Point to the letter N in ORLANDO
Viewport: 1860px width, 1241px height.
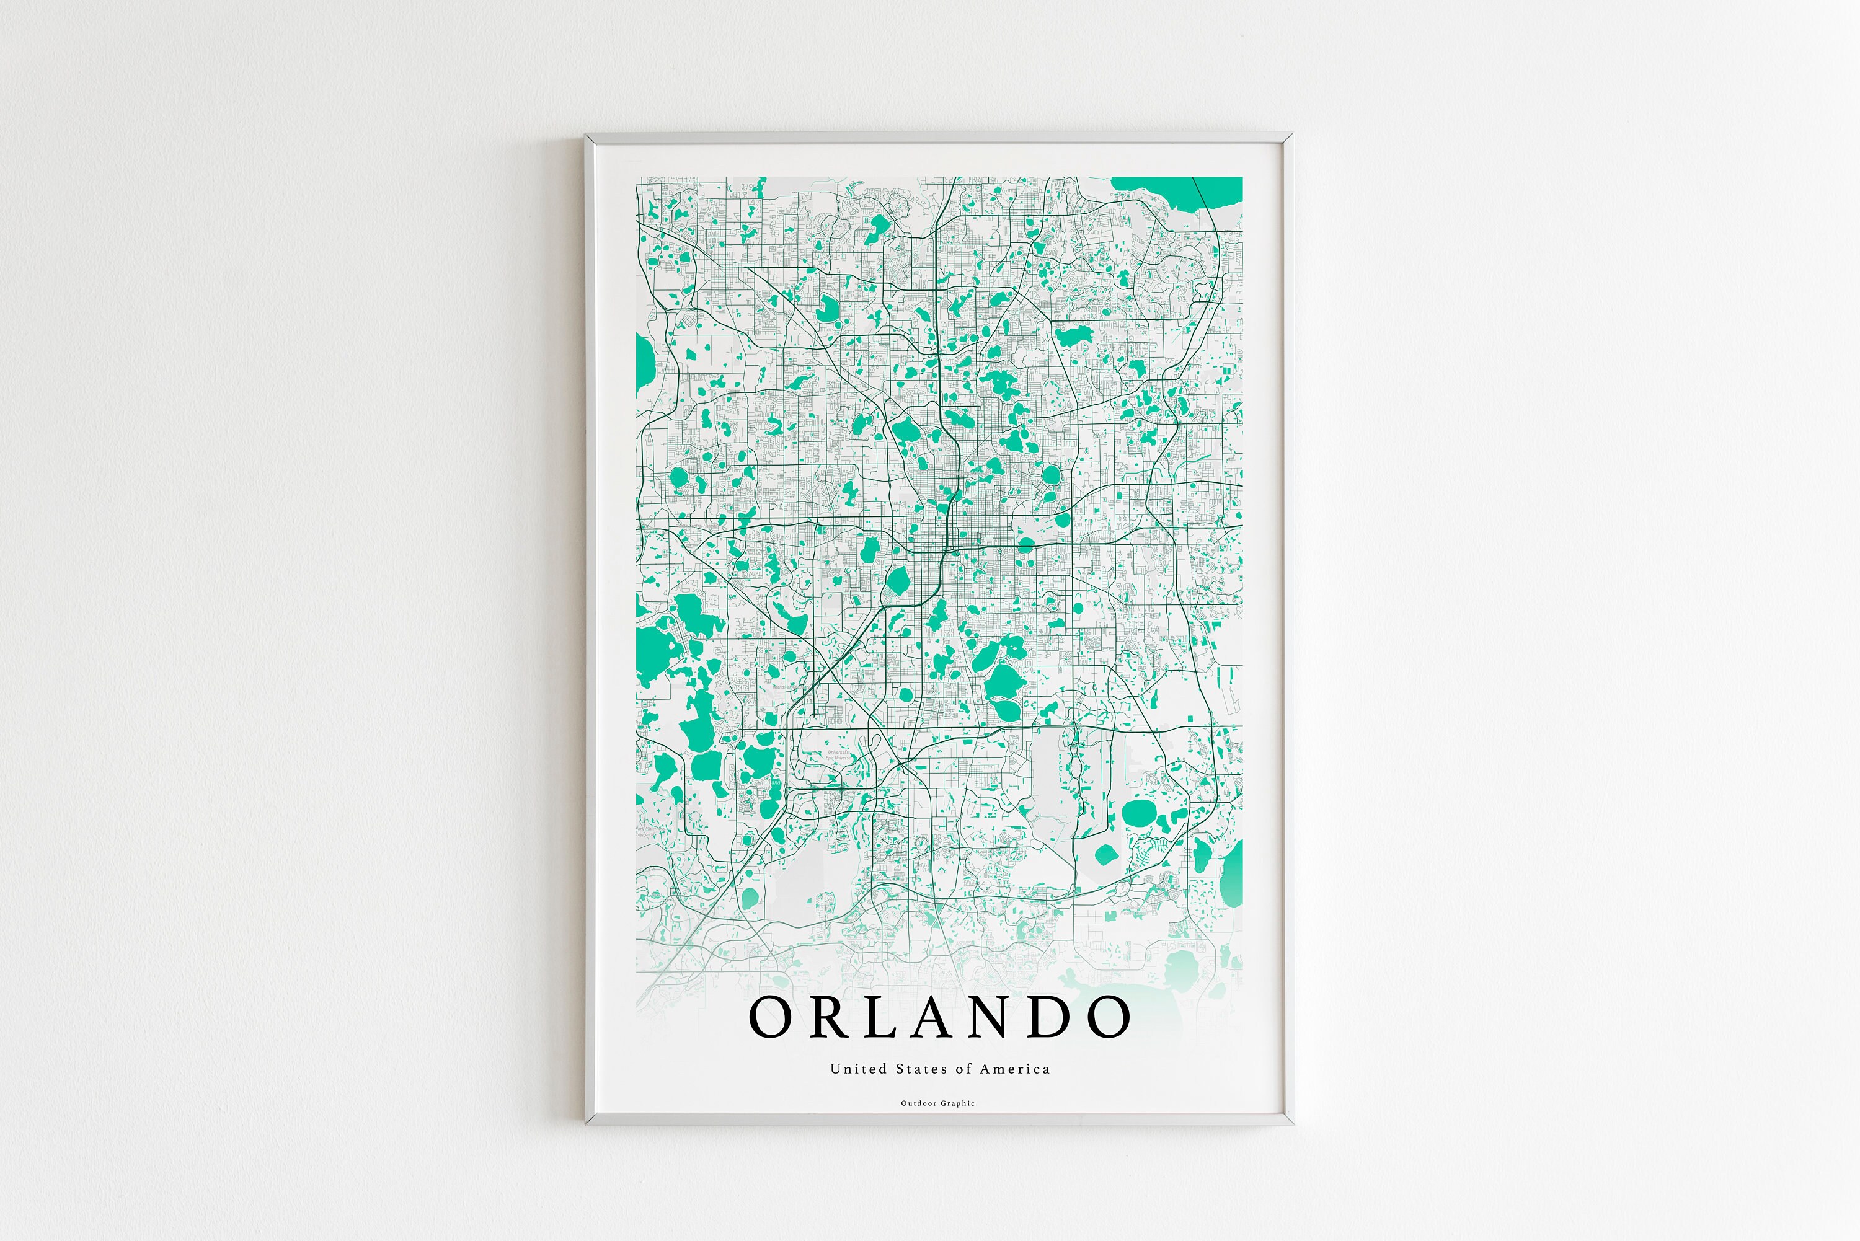click(994, 1017)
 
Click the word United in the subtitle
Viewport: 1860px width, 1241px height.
click(847, 1069)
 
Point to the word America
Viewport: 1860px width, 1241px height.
click(1015, 1069)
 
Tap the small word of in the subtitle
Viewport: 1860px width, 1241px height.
click(964, 1069)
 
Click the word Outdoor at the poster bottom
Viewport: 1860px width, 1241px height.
click(918, 1103)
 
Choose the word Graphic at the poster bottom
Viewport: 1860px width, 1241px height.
click(958, 1103)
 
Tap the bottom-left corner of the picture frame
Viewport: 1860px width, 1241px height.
click(587, 1121)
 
